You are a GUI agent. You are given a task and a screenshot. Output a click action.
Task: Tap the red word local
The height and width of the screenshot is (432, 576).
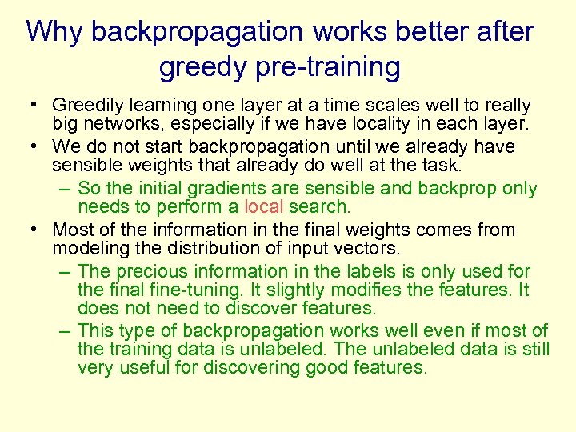point(264,207)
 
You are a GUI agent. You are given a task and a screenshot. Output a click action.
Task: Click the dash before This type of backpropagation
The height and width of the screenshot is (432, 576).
point(65,330)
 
